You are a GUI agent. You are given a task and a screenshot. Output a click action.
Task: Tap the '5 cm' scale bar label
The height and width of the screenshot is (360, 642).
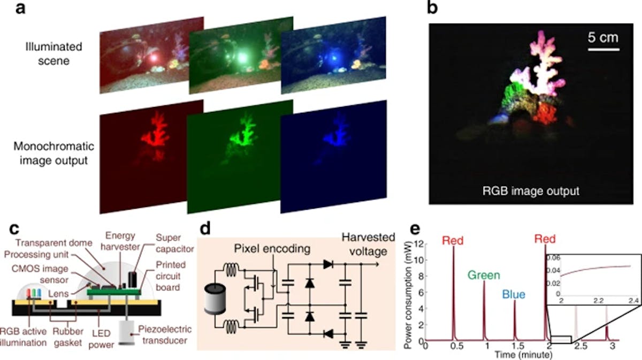tap(603, 38)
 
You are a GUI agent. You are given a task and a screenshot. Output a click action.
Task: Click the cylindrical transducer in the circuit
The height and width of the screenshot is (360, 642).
tap(216, 299)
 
